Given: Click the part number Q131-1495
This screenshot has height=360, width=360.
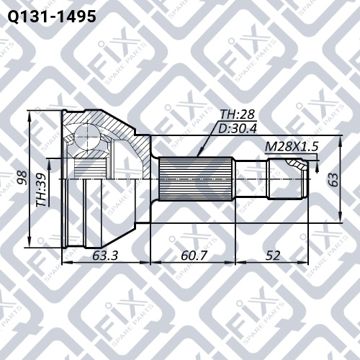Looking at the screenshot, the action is [x=52, y=17].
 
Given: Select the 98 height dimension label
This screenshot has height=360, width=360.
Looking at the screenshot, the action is [x=23, y=178].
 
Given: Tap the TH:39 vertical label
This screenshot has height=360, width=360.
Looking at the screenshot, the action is [x=42, y=189].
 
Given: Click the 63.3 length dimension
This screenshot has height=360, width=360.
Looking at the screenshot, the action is [x=105, y=256].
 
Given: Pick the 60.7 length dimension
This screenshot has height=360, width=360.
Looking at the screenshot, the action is [x=194, y=256].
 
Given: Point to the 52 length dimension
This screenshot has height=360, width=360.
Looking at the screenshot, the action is [x=273, y=256].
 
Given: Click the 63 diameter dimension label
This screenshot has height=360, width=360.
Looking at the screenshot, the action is [x=333, y=179].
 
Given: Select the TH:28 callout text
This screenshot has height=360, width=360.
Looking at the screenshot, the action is [x=237, y=114].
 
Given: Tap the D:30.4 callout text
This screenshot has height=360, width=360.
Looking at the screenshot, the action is [x=238, y=129].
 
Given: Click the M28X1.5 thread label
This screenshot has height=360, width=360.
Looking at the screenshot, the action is [x=292, y=147].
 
